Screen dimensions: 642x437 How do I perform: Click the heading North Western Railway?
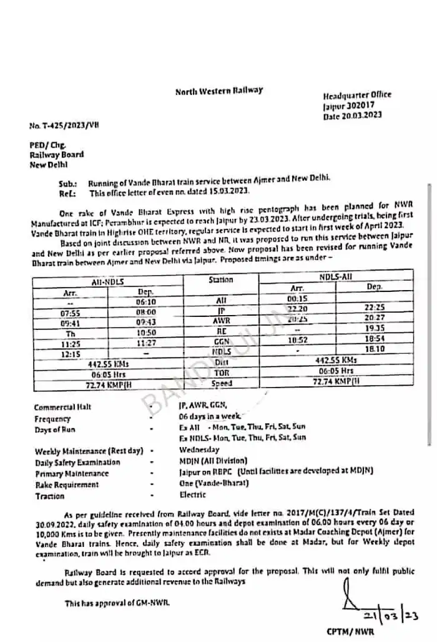tap(219, 91)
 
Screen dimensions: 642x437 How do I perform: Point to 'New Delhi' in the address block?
tap(49, 164)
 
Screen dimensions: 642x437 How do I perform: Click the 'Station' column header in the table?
tap(220, 281)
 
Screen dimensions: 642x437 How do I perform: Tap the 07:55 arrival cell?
tap(70, 311)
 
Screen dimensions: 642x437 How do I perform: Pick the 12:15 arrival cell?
tap(70, 353)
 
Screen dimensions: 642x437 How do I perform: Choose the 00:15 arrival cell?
tap(298, 298)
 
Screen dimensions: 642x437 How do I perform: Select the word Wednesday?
tap(199, 449)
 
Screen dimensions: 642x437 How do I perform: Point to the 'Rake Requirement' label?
tap(67, 484)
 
